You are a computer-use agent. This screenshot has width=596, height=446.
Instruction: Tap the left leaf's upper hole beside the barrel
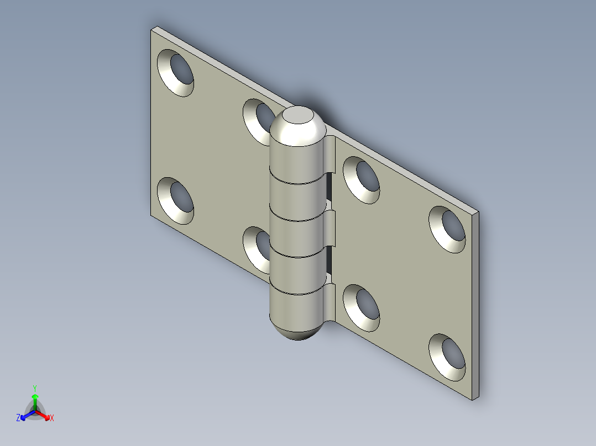(258, 119)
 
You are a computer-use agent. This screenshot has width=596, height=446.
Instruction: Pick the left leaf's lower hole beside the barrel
(257, 247)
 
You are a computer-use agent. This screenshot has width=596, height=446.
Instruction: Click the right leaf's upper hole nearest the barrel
(362, 179)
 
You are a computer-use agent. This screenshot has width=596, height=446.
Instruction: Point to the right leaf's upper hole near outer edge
(448, 230)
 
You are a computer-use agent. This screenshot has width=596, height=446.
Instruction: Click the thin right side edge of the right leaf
(475, 304)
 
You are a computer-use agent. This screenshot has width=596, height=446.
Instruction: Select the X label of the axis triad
(52, 418)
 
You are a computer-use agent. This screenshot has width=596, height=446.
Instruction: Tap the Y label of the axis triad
(34, 388)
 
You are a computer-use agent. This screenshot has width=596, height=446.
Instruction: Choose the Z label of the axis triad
(18, 418)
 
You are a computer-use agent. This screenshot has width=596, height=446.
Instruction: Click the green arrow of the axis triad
(35, 400)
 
